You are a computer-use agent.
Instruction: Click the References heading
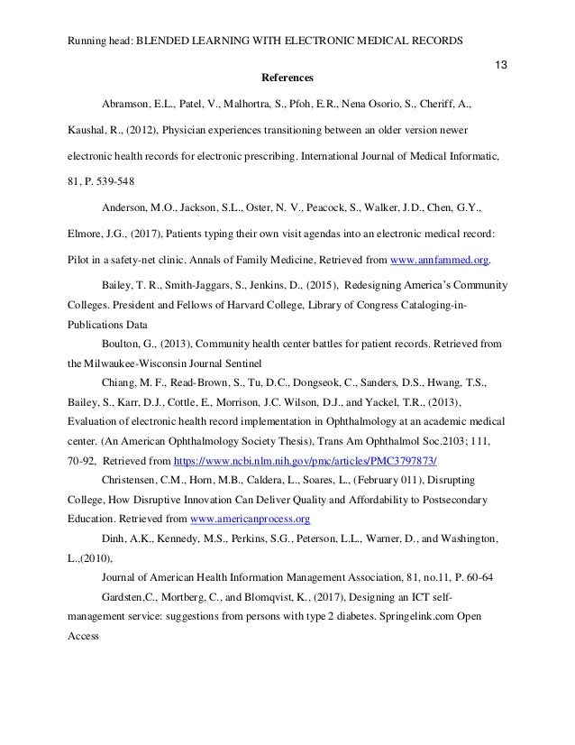[x=287, y=78]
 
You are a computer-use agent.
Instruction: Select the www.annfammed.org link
[x=442, y=259]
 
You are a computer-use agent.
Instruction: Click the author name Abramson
[x=130, y=106]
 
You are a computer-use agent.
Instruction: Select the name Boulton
[x=123, y=343]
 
